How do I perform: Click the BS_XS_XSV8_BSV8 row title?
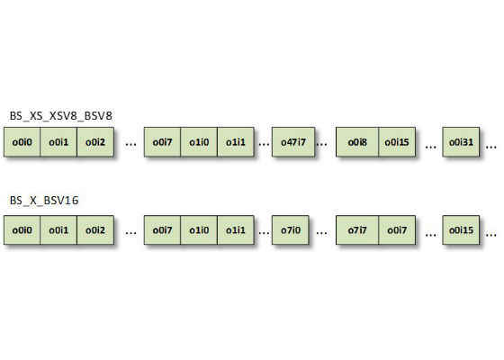point(61,116)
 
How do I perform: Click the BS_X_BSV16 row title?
point(44,201)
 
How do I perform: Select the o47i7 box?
point(293,142)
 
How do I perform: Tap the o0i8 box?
point(357,142)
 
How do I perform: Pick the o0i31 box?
point(461,142)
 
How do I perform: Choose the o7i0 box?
point(290,230)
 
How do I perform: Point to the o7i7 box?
point(357,230)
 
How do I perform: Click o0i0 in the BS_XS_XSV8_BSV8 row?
point(22,142)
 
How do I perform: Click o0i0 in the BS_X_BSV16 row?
point(22,230)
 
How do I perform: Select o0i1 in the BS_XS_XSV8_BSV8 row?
point(58,142)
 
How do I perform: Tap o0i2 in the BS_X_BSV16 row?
point(95,230)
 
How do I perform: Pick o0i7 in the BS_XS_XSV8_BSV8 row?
point(162,142)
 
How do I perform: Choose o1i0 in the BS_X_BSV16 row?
point(199,230)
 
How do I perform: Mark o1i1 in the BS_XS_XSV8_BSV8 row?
point(236,142)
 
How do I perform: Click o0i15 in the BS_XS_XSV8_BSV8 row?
point(397,142)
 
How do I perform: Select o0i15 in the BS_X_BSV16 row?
point(461,230)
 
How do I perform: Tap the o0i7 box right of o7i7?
point(397,230)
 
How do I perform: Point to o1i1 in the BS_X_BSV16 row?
point(236,230)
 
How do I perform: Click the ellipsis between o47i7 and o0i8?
point(322,144)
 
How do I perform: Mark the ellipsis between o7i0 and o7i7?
point(322,233)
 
